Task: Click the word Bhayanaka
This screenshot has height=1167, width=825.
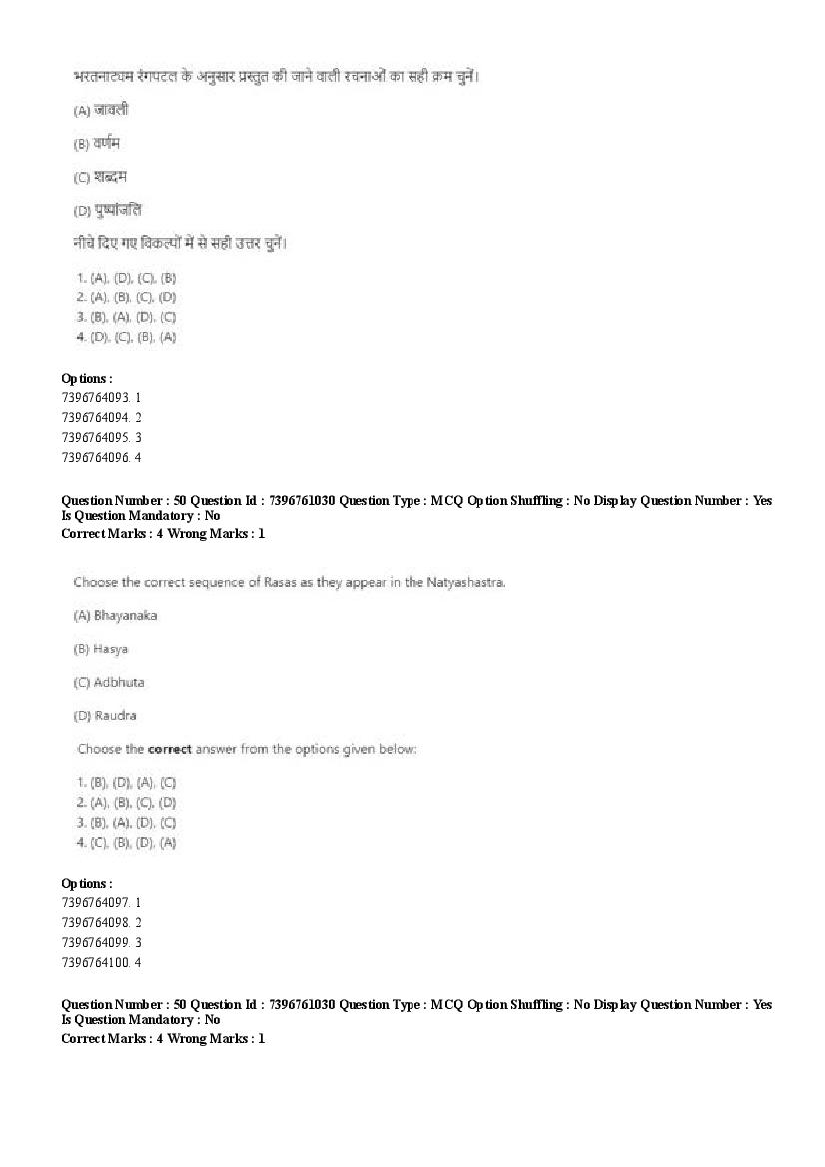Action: coord(125,616)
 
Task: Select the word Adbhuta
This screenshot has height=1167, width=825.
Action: coord(119,683)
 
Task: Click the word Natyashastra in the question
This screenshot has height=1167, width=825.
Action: coord(468,582)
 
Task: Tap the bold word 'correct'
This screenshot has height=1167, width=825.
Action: coord(169,749)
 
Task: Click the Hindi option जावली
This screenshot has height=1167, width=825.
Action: coord(111,110)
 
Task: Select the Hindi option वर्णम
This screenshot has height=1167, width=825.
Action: coord(107,143)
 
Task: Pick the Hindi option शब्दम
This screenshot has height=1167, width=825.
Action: coord(110,177)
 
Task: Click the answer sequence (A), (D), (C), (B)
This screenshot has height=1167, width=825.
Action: coord(132,278)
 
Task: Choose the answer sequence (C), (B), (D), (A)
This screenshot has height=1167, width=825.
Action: coord(132,843)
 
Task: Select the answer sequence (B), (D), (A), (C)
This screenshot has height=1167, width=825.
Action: coord(132,783)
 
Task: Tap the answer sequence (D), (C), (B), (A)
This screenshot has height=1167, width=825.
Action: coord(132,337)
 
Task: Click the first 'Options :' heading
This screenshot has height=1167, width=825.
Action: coord(87,378)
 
